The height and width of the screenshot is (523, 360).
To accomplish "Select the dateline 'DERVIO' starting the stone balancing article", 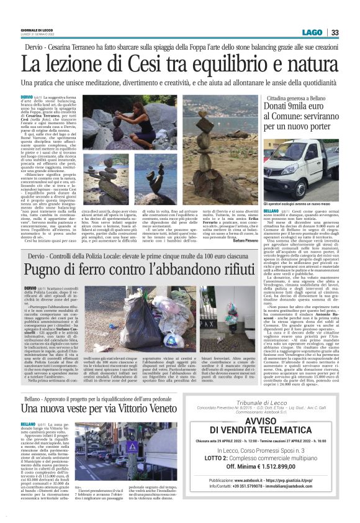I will click(x=27, y=98).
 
